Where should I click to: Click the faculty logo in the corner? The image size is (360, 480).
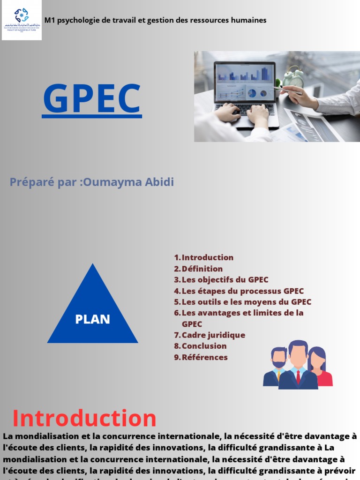22,20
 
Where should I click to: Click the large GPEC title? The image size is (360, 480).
92,99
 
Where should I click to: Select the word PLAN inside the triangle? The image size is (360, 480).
92,319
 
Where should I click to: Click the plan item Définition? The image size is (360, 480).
202,269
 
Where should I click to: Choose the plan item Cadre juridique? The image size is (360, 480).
213,335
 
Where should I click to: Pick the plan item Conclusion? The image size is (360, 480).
204,346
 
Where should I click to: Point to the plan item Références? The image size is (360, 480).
204,357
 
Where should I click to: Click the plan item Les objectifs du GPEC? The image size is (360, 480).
225,280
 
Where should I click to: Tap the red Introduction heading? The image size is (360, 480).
84,418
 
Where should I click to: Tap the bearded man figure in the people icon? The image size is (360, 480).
277,368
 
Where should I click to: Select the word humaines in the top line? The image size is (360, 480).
249,20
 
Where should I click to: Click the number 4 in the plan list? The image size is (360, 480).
177,291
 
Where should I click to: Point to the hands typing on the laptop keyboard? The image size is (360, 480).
244,112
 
